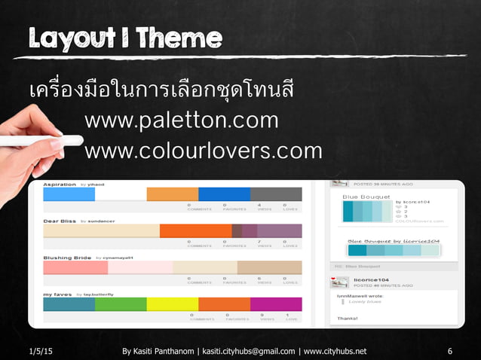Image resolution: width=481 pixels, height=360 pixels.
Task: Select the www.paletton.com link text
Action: coord(182,121)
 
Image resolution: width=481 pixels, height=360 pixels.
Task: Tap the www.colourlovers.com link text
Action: coord(204,151)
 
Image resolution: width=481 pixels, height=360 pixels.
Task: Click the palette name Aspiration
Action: coord(60,185)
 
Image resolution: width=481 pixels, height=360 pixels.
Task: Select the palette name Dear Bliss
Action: coord(60,221)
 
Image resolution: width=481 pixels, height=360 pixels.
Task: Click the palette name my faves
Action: coord(57,294)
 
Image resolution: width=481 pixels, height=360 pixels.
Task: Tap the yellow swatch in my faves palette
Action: coord(172,304)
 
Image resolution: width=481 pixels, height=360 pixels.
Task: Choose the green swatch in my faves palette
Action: coord(121,304)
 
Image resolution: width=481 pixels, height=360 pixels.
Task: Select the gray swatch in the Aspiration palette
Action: coord(276,194)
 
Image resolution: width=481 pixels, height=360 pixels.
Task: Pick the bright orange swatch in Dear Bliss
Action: coord(195,230)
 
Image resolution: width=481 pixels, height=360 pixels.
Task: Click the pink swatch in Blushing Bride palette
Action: coord(75,267)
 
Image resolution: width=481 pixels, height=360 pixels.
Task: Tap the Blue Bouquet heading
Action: coord(366,197)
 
